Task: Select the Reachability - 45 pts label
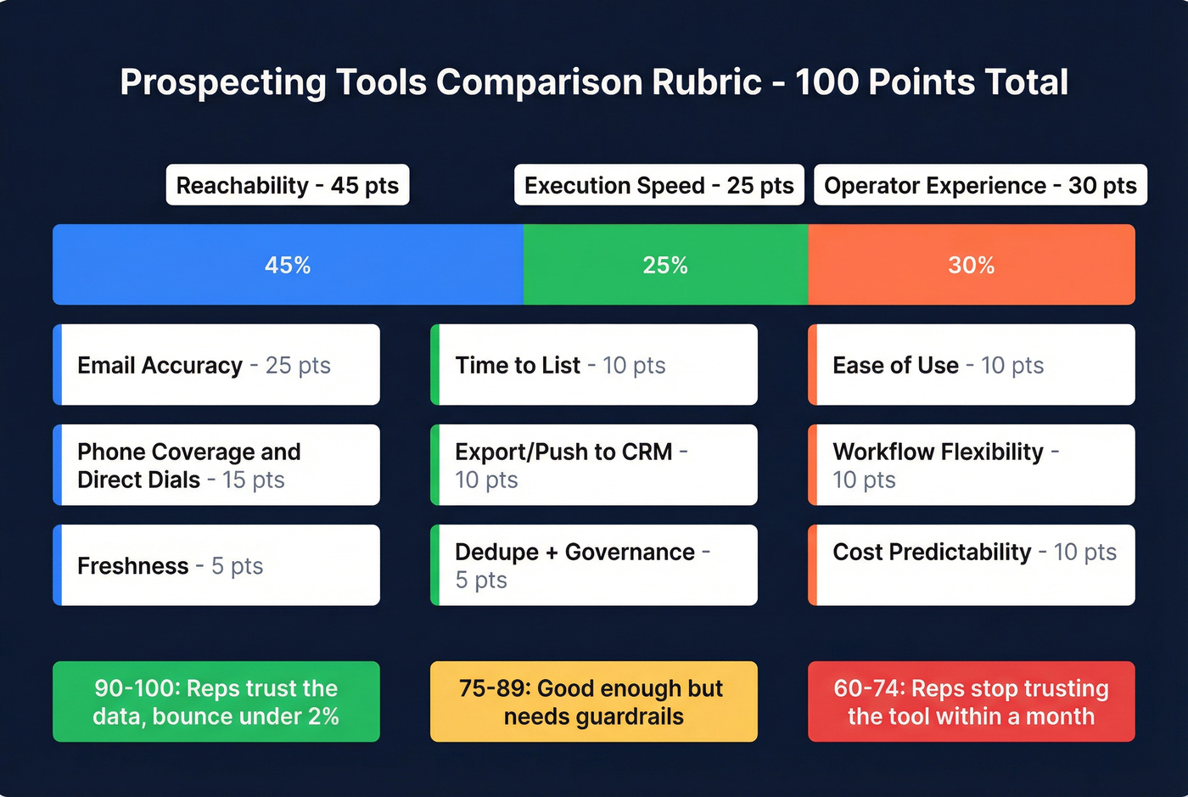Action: point(288,185)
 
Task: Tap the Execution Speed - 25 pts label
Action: point(659,185)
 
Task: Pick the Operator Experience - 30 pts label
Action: point(980,185)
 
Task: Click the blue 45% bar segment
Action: point(288,265)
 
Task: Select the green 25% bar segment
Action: point(665,265)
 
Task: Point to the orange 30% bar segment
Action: point(972,265)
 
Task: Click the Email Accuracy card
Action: point(216,365)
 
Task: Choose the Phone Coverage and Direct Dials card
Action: point(216,465)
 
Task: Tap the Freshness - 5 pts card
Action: point(216,565)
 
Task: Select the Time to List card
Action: point(594,365)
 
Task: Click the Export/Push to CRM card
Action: point(594,465)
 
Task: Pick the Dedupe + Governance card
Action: point(594,565)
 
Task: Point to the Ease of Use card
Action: point(972,365)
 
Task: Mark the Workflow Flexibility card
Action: point(972,465)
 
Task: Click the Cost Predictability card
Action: point(972,565)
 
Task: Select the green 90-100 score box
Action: point(216,702)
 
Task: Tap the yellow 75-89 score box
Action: point(594,702)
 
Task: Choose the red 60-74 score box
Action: point(972,702)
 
